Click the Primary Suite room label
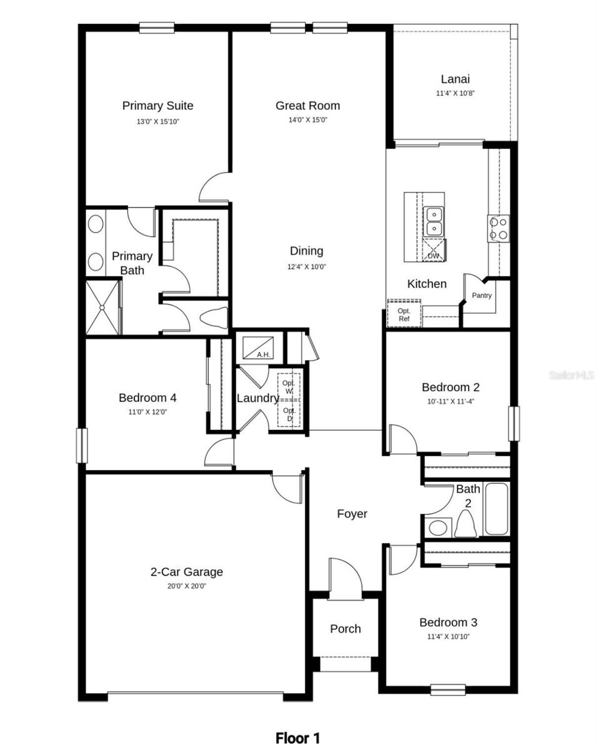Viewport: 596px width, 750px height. [x=157, y=106]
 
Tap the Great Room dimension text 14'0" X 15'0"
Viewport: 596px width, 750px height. [x=308, y=120]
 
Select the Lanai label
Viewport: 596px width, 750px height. [x=455, y=79]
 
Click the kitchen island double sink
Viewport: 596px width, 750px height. [x=434, y=221]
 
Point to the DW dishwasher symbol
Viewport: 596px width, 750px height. [x=434, y=252]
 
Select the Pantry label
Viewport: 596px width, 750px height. [x=482, y=296]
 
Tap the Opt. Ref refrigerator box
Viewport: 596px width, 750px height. [x=404, y=314]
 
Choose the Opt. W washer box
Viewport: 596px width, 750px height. [x=289, y=386]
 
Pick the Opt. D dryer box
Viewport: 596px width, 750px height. [x=289, y=414]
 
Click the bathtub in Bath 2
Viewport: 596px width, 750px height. [x=497, y=509]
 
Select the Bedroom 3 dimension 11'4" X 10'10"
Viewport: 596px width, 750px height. [x=448, y=636]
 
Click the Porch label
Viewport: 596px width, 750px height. [x=345, y=629]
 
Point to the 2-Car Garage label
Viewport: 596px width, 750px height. [x=186, y=572]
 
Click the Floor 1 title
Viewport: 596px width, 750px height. [x=298, y=738]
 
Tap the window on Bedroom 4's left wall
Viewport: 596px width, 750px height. [x=81, y=445]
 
